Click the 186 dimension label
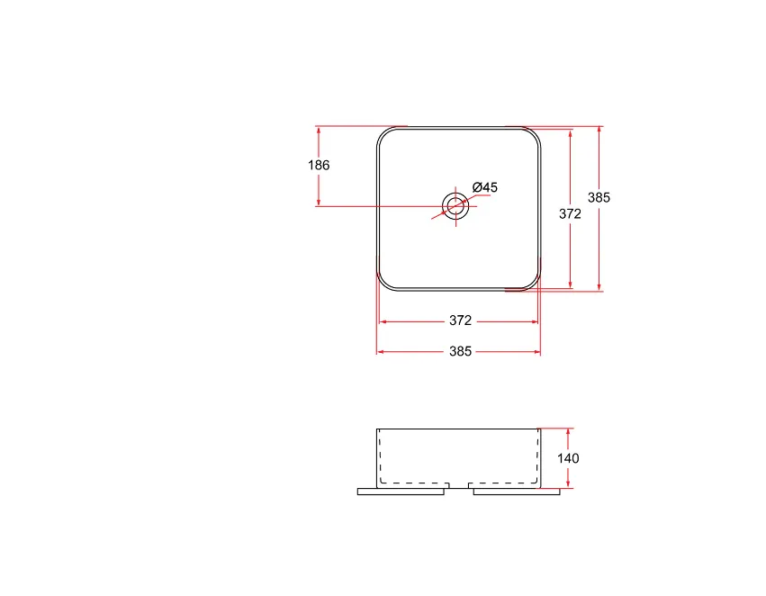point(319,165)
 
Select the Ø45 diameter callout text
point(485,187)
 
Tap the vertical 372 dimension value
point(570,213)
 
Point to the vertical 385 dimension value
point(599,197)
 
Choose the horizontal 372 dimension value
point(460,321)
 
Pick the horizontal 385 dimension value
point(460,351)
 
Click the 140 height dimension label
point(568,458)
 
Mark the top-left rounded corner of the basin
point(384,134)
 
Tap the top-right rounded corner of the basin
point(534,134)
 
